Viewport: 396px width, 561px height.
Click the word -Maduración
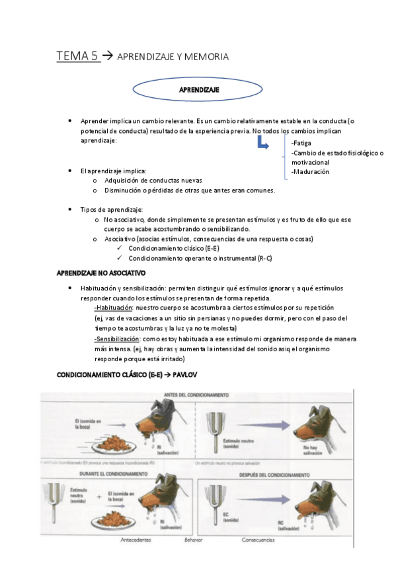(310, 172)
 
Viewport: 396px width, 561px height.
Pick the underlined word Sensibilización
(117, 338)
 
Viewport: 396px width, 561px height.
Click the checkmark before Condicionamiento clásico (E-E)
(120, 247)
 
